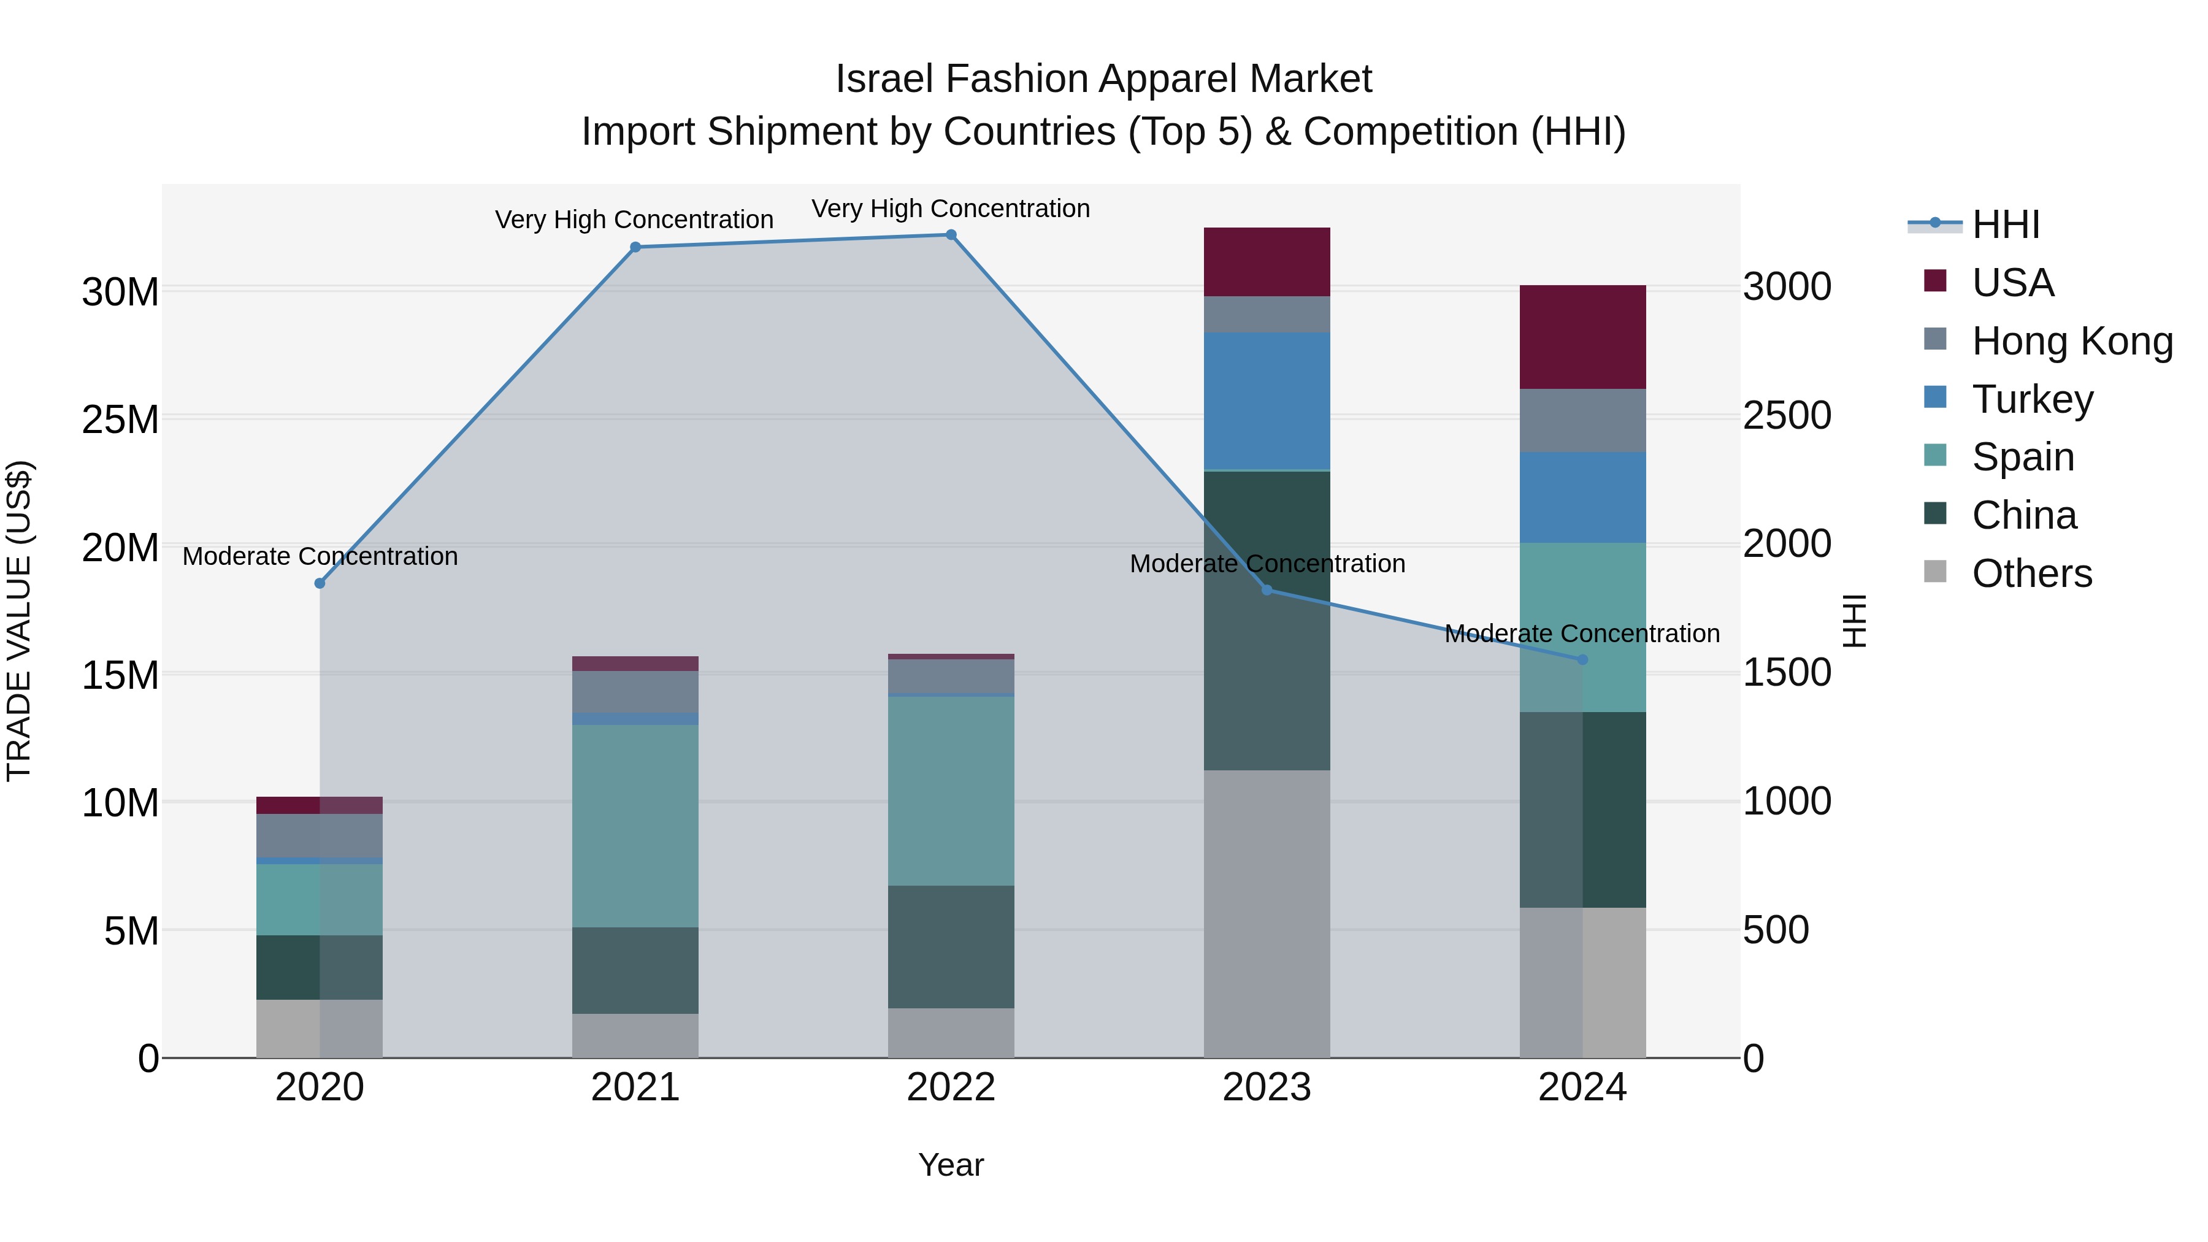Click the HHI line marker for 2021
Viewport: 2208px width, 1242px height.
coord(635,248)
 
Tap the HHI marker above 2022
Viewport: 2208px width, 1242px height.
coord(951,235)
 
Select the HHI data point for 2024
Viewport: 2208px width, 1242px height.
coord(1582,660)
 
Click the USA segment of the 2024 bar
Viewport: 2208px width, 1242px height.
coord(1582,337)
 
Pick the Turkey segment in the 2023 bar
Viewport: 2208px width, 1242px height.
coord(1267,401)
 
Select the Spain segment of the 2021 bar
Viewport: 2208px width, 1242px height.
coord(635,826)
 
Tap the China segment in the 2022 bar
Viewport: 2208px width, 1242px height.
coord(951,946)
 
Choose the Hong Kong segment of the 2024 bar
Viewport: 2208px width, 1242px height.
coord(1582,420)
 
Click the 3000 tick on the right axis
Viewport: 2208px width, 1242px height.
coord(1787,286)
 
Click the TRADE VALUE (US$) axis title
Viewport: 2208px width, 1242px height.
coord(19,621)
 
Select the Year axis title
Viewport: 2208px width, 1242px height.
coord(951,1165)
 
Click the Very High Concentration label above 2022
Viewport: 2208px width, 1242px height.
coord(951,209)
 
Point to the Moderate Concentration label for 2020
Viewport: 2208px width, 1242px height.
coord(320,556)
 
